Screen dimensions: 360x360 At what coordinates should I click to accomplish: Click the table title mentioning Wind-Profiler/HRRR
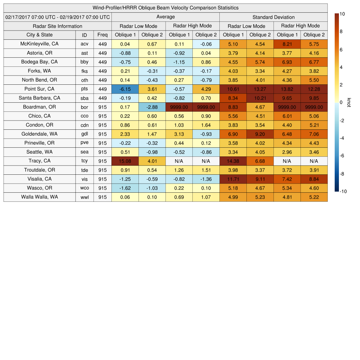[x=165, y=8]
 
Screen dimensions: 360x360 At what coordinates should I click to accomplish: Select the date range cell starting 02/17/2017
[x=57, y=17]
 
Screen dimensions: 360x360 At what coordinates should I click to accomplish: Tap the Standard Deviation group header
[x=274, y=17]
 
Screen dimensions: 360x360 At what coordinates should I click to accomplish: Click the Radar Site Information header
[x=57, y=26]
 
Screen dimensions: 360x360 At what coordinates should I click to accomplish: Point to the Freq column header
[x=102, y=35]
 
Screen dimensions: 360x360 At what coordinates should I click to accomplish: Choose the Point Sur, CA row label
[x=39, y=89]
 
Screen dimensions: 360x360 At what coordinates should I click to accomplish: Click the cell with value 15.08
[x=125, y=161]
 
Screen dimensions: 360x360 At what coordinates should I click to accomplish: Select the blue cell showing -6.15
[x=125, y=89]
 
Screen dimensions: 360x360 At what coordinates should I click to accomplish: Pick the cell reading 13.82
[x=287, y=89]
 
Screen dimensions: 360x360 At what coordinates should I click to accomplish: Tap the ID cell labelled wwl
[x=84, y=197]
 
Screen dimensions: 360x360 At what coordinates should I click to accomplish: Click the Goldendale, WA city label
[x=39, y=134]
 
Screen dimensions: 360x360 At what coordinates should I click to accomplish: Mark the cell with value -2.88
[x=152, y=107]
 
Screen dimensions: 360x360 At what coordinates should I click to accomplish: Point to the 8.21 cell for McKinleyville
[x=287, y=44]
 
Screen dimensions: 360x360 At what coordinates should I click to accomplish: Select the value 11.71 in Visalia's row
[x=233, y=179]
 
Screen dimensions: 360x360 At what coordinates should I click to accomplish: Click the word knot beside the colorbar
[x=349, y=102]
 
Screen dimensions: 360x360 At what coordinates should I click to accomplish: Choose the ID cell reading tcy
[x=84, y=161]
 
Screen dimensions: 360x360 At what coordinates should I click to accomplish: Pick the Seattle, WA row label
[x=39, y=152]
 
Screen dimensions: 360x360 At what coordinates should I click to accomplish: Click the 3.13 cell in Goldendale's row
[x=179, y=134]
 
